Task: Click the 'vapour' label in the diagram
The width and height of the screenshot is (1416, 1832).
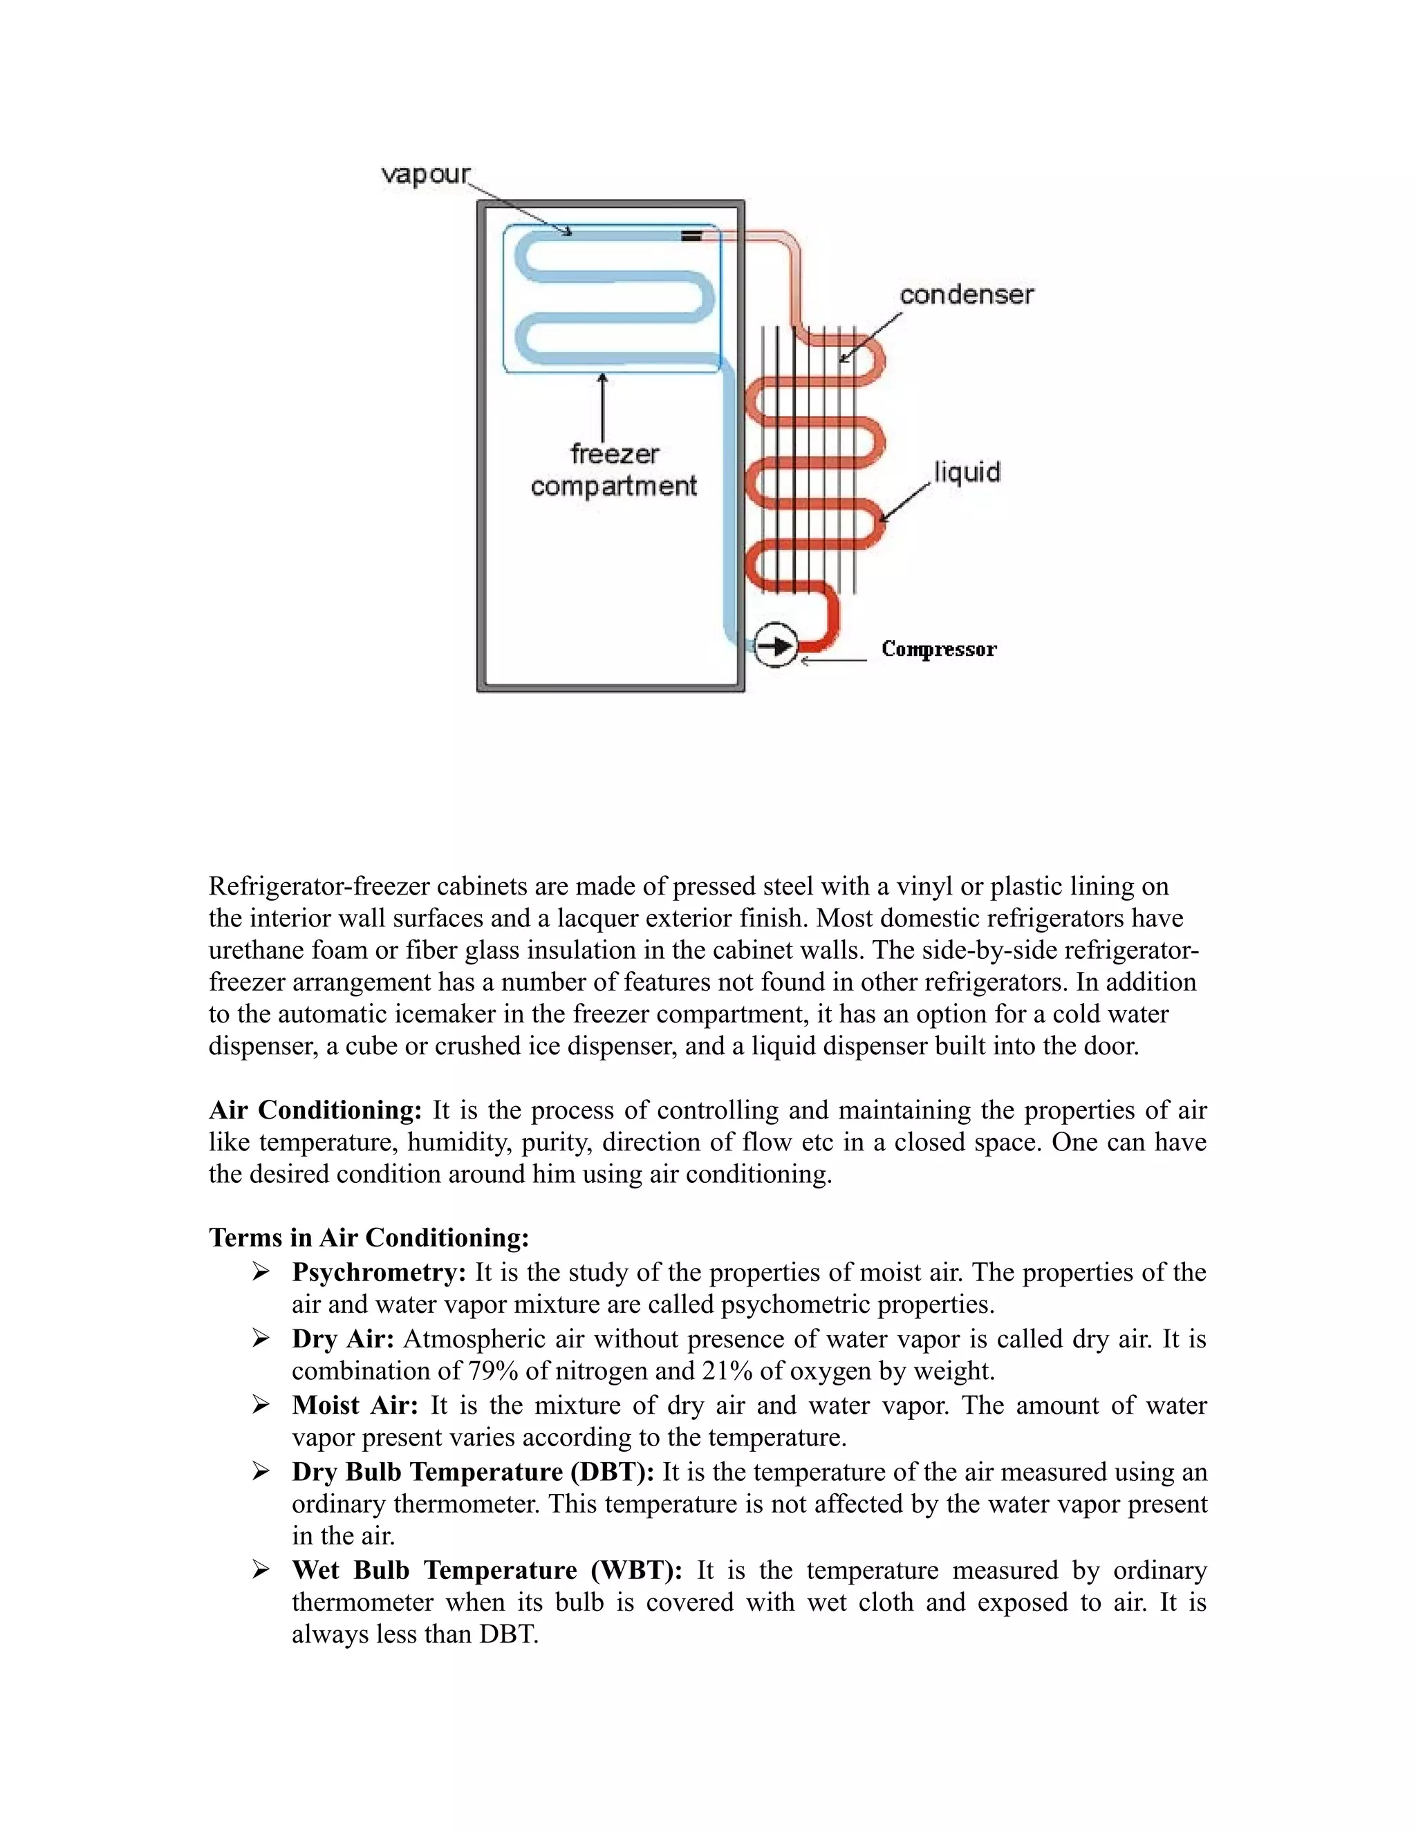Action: point(426,174)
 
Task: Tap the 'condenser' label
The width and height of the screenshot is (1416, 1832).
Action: point(967,295)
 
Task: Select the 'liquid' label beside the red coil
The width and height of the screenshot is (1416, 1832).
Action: point(967,472)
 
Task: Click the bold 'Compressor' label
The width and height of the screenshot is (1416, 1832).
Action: point(939,649)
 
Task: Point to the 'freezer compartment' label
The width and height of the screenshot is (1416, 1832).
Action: point(614,469)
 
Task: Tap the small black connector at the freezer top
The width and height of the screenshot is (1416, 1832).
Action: point(691,236)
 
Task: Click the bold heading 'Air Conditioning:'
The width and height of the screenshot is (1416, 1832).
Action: point(315,1111)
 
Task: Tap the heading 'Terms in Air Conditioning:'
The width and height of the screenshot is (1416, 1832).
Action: point(369,1238)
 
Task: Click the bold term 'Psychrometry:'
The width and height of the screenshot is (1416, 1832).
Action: point(379,1273)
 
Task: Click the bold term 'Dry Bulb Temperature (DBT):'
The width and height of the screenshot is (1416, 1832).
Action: point(473,1471)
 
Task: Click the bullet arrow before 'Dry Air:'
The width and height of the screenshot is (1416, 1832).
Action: point(261,1339)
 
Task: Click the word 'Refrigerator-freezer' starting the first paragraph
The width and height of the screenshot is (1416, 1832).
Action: point(319,887)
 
